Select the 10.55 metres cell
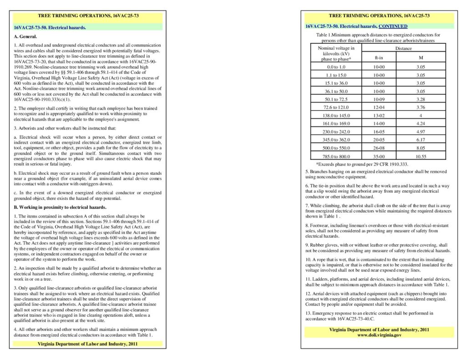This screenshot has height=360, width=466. [420, 156]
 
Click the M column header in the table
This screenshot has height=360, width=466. [420, 58]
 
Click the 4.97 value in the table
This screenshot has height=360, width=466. [420, 132]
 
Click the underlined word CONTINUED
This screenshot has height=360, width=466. [393, 26]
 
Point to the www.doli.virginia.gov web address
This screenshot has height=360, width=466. [379, 335]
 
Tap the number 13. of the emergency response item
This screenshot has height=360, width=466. [308, 313]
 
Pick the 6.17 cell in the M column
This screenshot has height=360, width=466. [420, 140]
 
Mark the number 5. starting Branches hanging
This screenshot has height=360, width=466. [307, 171]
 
